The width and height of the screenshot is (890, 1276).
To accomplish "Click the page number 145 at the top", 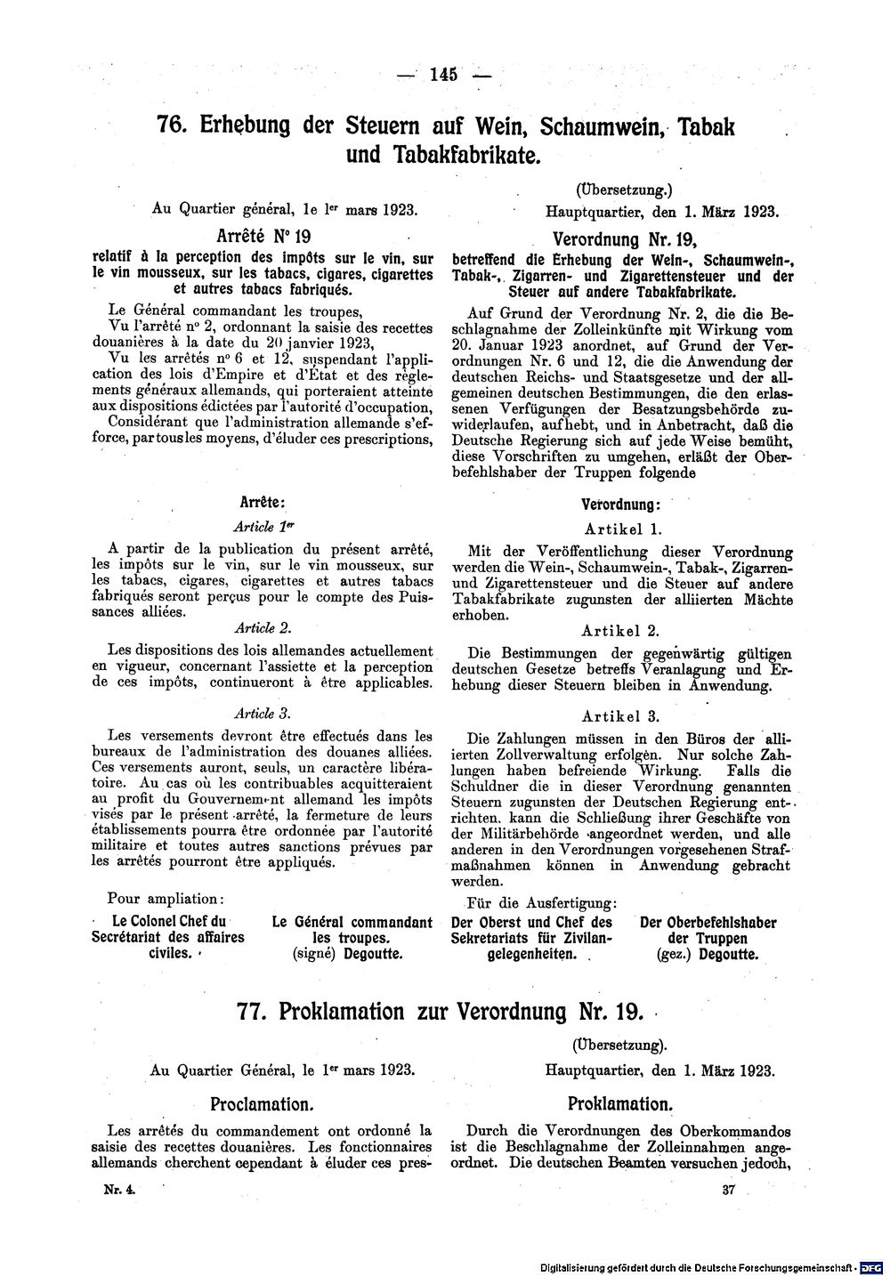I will point(442,75).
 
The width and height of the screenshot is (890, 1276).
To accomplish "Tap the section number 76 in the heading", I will point(171,125).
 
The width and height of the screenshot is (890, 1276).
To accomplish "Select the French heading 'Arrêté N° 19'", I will point(262,237).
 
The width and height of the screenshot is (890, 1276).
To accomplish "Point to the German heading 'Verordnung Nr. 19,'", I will point(623,239).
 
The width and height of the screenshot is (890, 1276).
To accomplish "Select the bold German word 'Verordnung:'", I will point(620,504).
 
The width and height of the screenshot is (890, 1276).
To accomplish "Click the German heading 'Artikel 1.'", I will point(620,528).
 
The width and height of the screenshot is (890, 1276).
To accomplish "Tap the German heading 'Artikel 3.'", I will point(620,715).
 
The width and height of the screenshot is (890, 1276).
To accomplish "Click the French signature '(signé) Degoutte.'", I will point(348,954).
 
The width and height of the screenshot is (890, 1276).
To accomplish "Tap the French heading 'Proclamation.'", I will point(262,1104).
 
